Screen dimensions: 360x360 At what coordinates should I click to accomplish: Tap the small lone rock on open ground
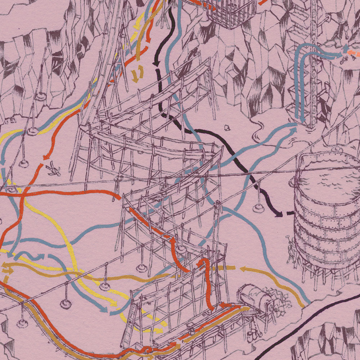click(x=227, y=127)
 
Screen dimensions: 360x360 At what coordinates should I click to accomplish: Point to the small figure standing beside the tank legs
click(x=291, y=248)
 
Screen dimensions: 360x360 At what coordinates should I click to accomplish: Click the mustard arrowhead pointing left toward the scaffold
click(x=242, y=268)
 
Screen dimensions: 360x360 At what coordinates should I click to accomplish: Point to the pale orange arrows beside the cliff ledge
click(x=349, y=56)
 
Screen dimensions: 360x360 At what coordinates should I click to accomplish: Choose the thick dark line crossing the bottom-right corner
click(x=306, y=324)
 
